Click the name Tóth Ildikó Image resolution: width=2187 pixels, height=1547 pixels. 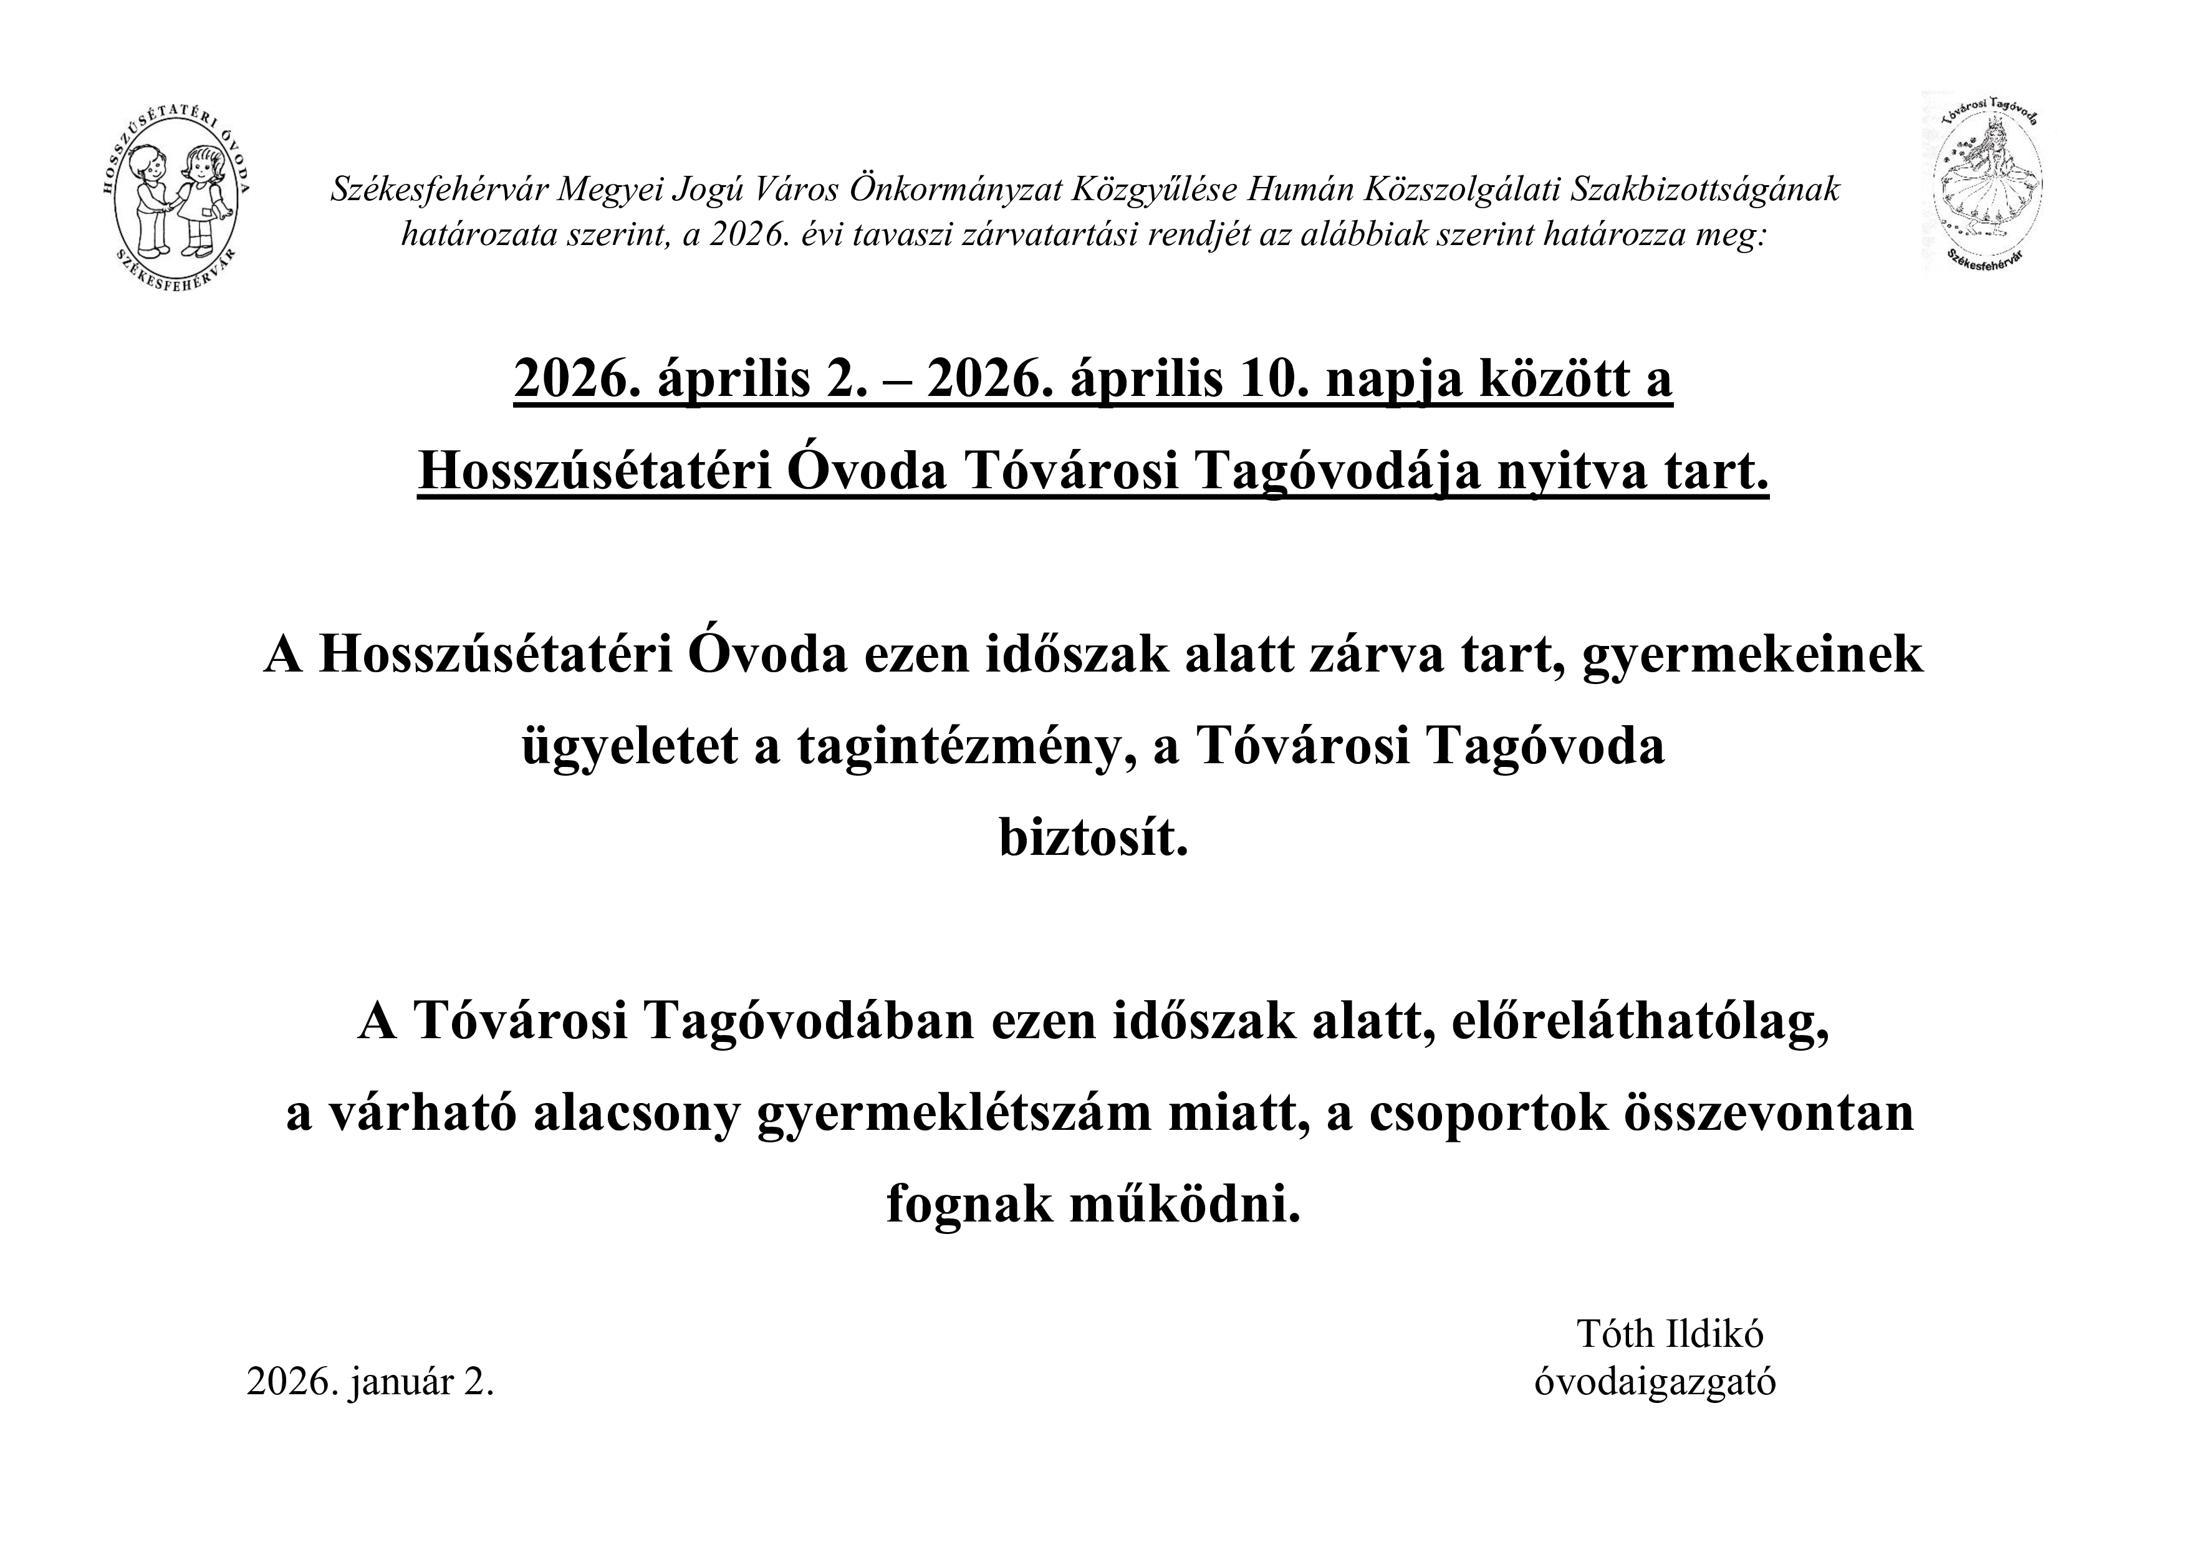(1670, 1334)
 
